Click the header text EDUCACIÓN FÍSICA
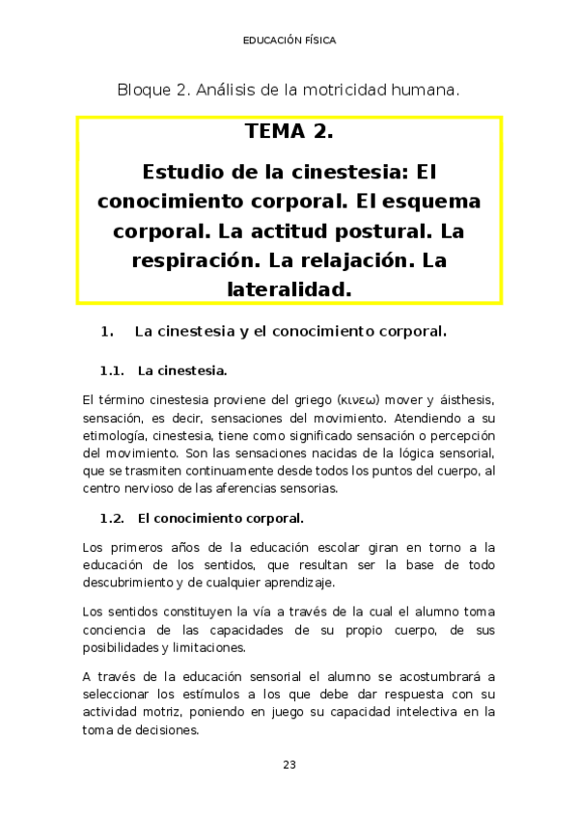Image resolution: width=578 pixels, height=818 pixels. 289,41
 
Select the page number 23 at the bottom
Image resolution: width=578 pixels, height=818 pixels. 289,765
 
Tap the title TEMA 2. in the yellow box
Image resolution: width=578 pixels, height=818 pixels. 289,131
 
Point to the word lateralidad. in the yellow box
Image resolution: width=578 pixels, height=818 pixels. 289,287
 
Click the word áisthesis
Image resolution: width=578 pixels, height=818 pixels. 457,400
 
